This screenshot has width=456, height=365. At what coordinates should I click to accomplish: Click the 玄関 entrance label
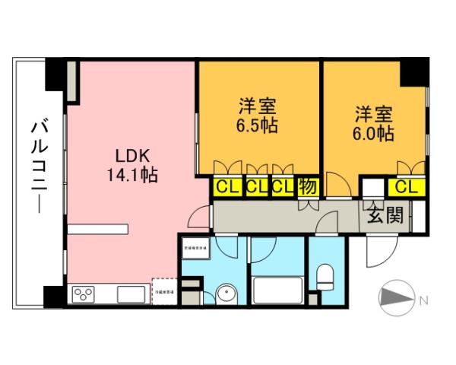[x=385, y=215]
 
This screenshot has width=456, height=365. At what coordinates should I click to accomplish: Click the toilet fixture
[x=325, y=275]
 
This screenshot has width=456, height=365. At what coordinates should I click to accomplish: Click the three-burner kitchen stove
[x=83, y=294]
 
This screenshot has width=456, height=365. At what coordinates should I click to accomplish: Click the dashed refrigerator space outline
[x=164, y=290]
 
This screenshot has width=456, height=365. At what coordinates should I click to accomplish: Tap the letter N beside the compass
[x=423, y=300]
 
